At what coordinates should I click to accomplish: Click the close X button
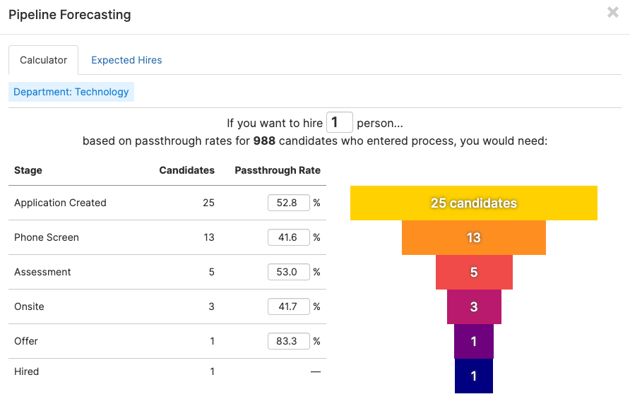click(x=612, y=12)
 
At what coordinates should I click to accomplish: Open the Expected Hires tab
click(x=126, y=60)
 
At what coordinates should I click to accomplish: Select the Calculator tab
click(x=44, y=60)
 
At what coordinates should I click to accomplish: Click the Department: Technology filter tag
click(x=71, y=92)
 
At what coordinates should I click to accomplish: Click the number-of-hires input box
click(x=339, y=122)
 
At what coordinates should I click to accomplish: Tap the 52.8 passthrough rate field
click(x=288, y=203)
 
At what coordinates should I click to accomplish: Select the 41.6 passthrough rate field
click(x=288, y=237)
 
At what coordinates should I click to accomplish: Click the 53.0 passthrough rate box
click(x=288, y=272)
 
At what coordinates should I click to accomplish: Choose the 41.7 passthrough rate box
click(x=288, y=306)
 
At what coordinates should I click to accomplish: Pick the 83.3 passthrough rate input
click(x=288, y=341)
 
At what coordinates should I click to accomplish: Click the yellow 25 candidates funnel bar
click(x=474, y=203)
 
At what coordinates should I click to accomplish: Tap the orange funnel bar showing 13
click(x=474, y=238)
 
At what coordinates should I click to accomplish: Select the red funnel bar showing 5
click(x=474, y=273)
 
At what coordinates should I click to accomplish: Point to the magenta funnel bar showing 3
click(x=474, y=307)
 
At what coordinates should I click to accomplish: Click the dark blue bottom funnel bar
click(x=474, y=376)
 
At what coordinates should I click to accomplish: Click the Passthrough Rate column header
click(x=277, y=170)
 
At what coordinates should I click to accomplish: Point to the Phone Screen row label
click(x=47, y=237)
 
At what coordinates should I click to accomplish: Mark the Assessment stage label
click(x=42, y=272)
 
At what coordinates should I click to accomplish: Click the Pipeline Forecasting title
click(x=69, y=15)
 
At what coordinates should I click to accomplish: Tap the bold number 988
click(x=265, y=141)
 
